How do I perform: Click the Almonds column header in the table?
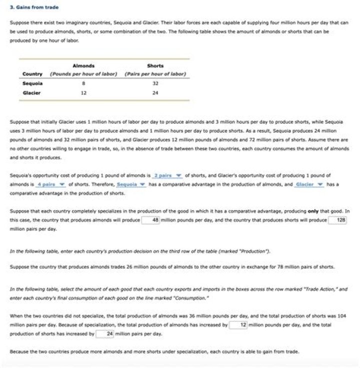pos(83,65)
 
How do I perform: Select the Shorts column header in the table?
pos(155,65)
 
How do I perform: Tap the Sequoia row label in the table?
pos(32,83)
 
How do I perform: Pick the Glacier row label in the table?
pos(31,92)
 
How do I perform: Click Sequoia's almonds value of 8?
pos(83,83)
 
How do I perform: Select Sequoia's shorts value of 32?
pos(155,83)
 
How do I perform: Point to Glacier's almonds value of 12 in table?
pos(83,92)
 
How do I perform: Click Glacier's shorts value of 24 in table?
pos(155,92)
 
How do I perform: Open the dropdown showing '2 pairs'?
pos(167,176)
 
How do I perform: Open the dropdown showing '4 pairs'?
pos(51,184)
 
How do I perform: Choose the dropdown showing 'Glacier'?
pos(309,184)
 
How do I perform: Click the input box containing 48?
pos(150,220)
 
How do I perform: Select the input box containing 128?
pos(337,220)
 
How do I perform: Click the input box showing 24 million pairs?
pos(105,333)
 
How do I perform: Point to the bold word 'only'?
pos(313,211)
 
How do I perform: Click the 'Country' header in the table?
pos(32,74)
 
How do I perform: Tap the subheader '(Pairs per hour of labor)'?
pos(155,74)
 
